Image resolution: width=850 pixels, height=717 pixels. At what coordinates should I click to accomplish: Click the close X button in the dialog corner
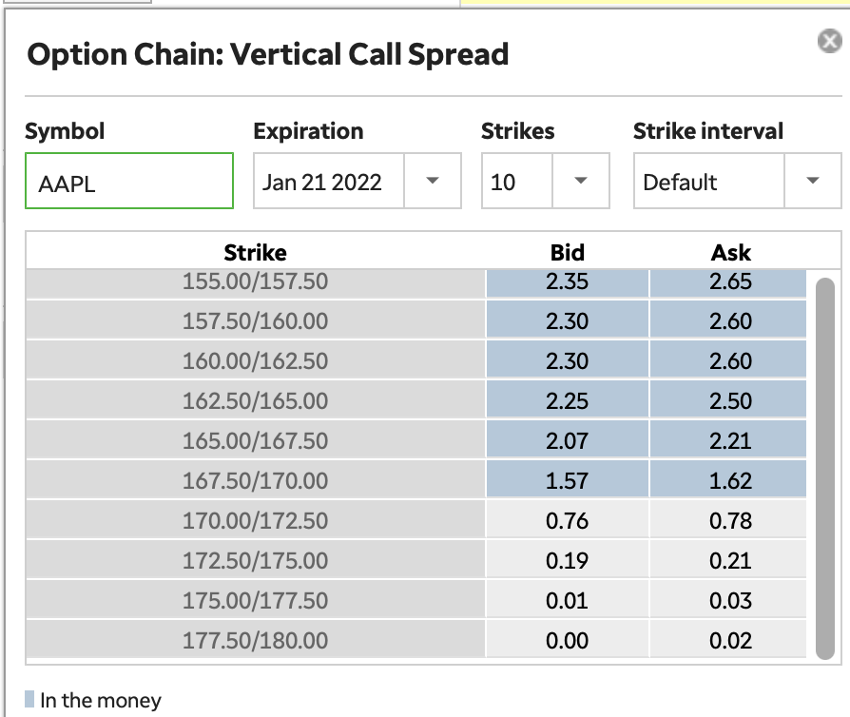[x=829, y=41]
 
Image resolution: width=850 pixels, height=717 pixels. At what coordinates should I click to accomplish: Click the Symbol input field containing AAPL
[x=128, y=182]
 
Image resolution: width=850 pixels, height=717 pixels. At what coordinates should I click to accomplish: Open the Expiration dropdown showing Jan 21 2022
[x=357, y=182]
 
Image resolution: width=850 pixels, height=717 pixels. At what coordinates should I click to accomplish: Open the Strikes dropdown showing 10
[x=545, y=182]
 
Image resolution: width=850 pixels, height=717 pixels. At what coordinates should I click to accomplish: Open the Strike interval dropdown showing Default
[x=737, y=182]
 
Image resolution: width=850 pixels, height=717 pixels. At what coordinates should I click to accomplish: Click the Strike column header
[x=255, y=253]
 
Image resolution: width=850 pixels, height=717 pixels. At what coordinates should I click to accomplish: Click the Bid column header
[x=567, y=253]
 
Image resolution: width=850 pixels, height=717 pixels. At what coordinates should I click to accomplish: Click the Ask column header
[x=730, y=253]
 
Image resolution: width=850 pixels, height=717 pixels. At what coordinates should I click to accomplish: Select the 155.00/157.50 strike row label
[x=255, y=281]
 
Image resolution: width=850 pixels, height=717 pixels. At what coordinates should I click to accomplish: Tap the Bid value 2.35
[x=567, y=281]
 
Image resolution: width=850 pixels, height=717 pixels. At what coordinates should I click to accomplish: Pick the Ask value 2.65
[x=730, y=281]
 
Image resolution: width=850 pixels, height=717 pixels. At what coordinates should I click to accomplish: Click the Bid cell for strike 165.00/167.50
[x=567, y=441]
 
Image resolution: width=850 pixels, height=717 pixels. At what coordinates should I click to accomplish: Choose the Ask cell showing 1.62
[x=730, y=481]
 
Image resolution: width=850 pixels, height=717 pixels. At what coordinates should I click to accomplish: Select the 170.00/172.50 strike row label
[x=255, y=521]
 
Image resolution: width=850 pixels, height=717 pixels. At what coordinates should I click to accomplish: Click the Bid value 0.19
[x=567, y=561]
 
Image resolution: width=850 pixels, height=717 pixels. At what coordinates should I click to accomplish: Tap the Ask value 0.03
[x=730, y=601]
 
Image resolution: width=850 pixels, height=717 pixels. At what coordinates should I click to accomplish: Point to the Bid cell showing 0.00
[x=567, y=641]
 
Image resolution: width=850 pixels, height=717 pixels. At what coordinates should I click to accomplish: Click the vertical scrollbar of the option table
[x=824, y=466]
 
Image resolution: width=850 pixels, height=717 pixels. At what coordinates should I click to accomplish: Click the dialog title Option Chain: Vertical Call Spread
[x=268, y=54]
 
